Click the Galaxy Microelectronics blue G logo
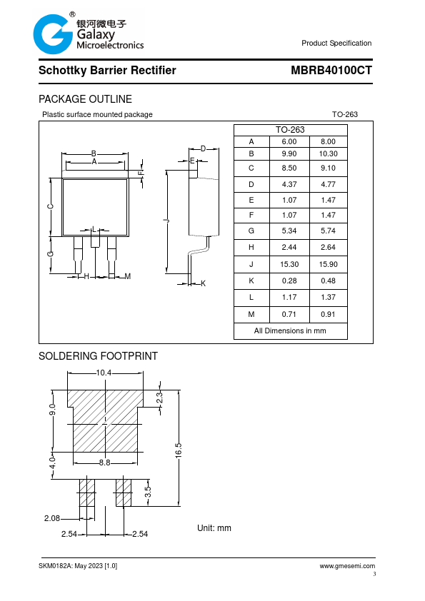pos(53,34)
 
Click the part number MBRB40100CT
pos(331,71)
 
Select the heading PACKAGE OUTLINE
pos(85,99)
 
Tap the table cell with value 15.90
pos(329,265)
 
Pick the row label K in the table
pos(251,281)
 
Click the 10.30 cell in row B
pos(329,153)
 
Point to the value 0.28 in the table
pos(289,281)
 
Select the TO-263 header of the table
pos(290,130)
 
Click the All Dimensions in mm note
pos(290,330)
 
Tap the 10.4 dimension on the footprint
pos(104,373)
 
